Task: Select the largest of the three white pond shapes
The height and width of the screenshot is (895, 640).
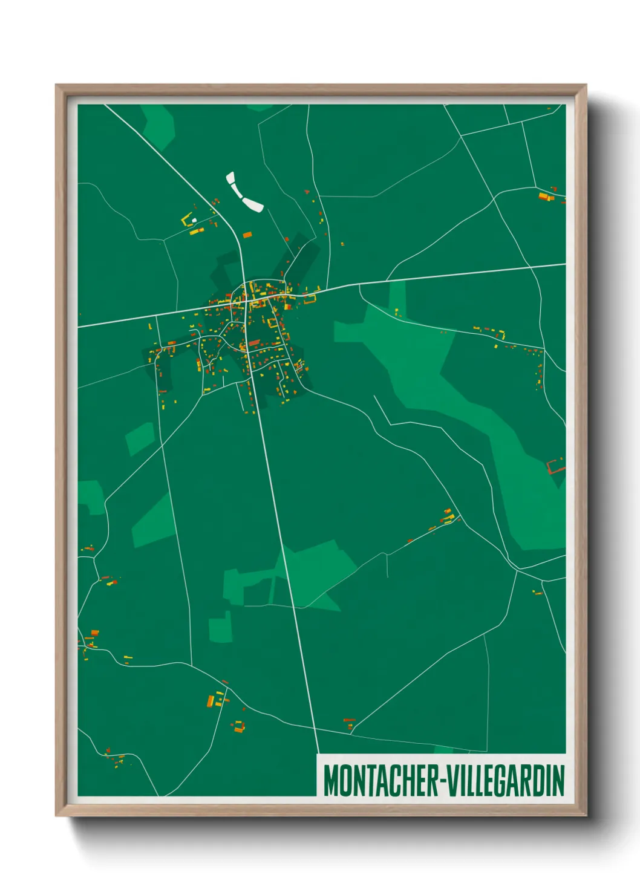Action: pos(253,204)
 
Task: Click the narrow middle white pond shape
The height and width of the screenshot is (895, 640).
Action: pos(237,192)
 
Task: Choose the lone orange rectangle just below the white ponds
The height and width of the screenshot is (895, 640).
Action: pos(247,235)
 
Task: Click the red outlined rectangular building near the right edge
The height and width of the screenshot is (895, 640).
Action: pos(555,466)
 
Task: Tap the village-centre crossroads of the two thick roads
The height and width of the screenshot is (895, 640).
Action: pos(246,301)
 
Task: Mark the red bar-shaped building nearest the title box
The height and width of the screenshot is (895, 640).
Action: pos(349,720)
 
